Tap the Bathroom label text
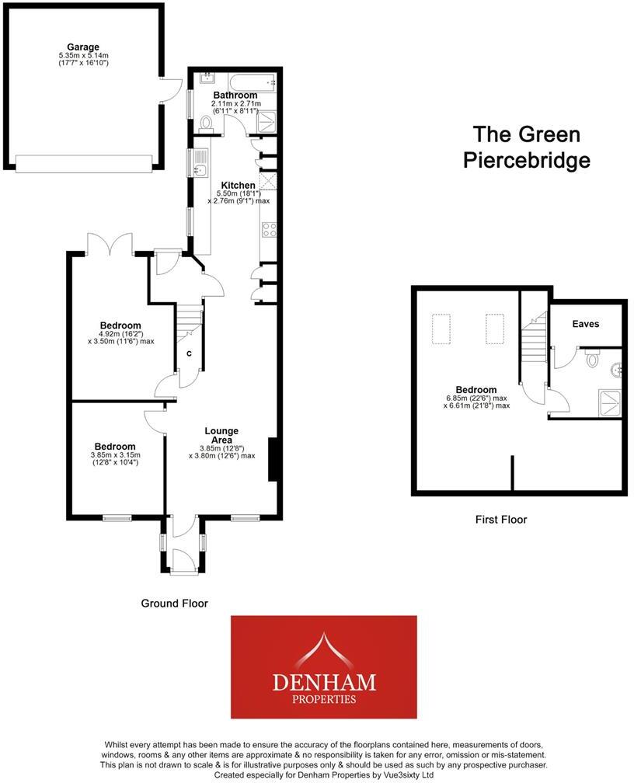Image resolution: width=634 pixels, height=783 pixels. point(235,96)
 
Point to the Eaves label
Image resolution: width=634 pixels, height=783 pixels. point(585,324)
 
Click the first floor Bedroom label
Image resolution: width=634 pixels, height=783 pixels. point(476,390)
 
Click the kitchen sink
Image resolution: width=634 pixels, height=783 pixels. point(199,169)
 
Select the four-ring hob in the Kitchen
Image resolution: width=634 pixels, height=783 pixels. point(269,229)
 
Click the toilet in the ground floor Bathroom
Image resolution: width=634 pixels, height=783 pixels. point(206,124)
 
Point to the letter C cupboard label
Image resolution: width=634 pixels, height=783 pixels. point(189,354)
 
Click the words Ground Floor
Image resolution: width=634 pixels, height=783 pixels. point(174,603)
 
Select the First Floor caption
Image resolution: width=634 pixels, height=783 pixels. point(501,519)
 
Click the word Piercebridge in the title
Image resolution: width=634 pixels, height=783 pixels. point(526,160)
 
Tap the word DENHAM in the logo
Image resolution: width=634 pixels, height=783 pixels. point(323,682)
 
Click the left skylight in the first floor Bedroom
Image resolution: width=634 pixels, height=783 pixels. point(441,328)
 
